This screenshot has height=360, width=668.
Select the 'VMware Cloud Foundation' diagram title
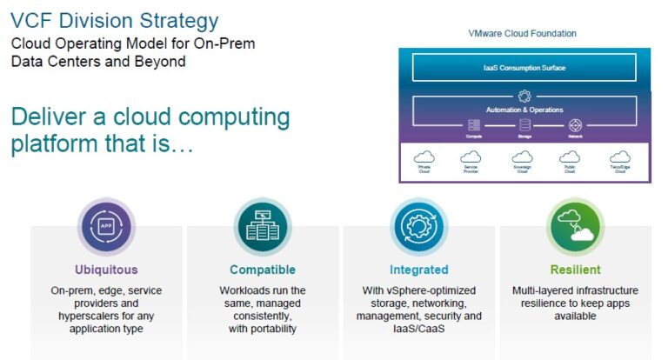coord(522,34)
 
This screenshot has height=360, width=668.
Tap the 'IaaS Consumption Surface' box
coord(524,67)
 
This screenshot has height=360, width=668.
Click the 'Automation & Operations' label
coord(524,110)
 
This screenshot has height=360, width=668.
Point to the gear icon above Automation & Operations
coord(524,97)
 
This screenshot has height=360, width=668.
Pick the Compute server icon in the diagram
coord(474,125)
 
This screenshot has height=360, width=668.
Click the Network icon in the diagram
coord(574,125)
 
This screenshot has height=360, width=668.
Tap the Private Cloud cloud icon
coord(424,157)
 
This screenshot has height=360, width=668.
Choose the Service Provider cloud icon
coord(471,157)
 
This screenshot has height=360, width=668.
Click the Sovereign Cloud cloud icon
coord(523,157)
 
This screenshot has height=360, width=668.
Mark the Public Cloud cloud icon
coord(571,157)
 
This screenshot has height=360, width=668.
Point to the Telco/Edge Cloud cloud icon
coord(620,157)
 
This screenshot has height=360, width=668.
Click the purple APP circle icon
coord(106,226)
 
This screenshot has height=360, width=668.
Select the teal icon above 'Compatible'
coord(262,226)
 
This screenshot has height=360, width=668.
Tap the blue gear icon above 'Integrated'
coord(418,226)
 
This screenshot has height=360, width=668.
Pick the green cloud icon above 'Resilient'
coord(575,226)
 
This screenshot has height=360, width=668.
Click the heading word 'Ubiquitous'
coord(106,270)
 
